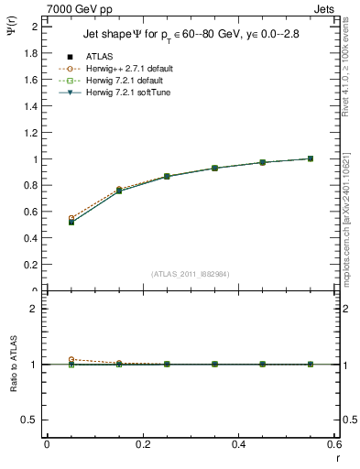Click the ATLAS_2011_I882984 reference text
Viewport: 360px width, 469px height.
click(x=191, y=274)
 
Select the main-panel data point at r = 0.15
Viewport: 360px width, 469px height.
click(x=119, y=191)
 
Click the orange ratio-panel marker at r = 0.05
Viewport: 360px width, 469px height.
click(x=71, y=360)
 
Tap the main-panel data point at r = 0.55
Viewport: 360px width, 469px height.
click(x=311, y=158)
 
